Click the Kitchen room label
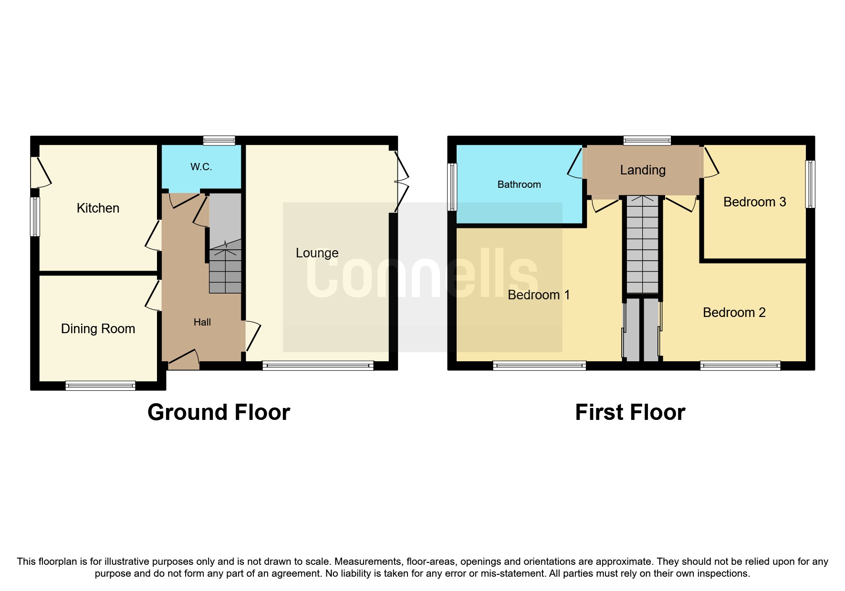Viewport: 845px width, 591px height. (98, 208)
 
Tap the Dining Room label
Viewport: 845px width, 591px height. (98, 329)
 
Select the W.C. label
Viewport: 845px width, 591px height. (201, 167)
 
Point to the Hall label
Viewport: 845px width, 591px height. (202, 322)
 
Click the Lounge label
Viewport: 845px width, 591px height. (317, 253)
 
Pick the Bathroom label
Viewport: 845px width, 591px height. (519, 184)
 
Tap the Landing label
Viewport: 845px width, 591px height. (643, 170)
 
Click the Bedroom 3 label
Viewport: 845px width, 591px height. (754, 202)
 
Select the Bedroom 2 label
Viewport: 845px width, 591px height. (734, 313)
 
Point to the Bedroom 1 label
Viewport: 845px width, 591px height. (539, 295)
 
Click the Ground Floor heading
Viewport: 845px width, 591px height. (219, 412)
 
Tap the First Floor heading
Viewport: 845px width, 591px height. (630, 412)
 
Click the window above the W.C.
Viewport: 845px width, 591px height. (219, 140)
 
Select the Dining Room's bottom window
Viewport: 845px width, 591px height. (100, 386)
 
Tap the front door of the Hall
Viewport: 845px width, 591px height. (184, 360)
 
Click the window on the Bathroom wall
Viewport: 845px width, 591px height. (452, 187)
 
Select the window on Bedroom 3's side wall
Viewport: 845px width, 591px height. (810, 184)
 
